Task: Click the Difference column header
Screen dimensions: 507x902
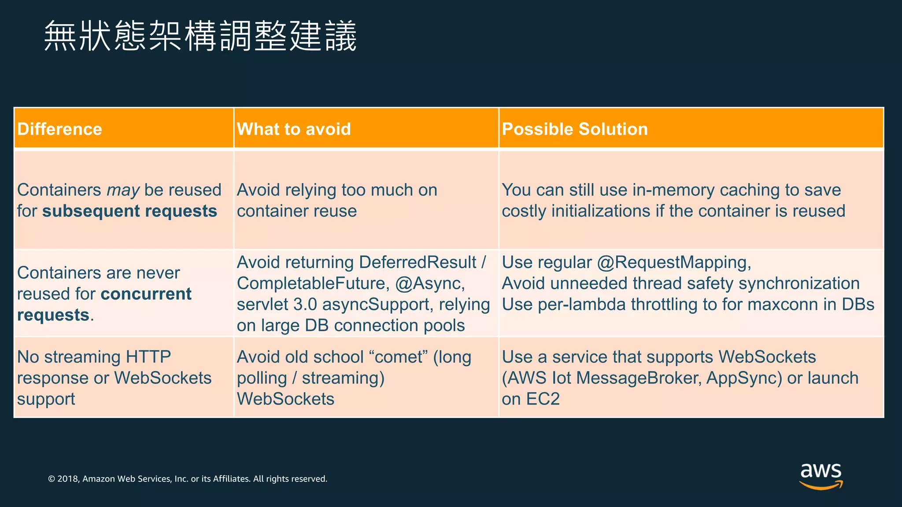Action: (60, 129)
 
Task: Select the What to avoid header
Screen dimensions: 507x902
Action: (294, 129)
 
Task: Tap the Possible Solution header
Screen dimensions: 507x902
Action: (575, 129)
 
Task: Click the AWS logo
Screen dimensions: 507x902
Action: (821, 475)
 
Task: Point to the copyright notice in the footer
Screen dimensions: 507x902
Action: (188, 479)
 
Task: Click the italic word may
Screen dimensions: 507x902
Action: (123, 190)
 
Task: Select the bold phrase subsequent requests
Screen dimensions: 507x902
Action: (129, 211)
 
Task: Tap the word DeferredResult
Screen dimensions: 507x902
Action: (418, 262)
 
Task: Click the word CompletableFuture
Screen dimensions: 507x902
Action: (313, 283)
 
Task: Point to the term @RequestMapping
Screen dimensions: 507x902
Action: (674, 262)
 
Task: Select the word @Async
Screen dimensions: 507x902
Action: (430, 283)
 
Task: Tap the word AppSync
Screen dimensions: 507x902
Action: (744, 378)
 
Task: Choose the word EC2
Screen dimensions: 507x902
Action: (543, 399)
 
